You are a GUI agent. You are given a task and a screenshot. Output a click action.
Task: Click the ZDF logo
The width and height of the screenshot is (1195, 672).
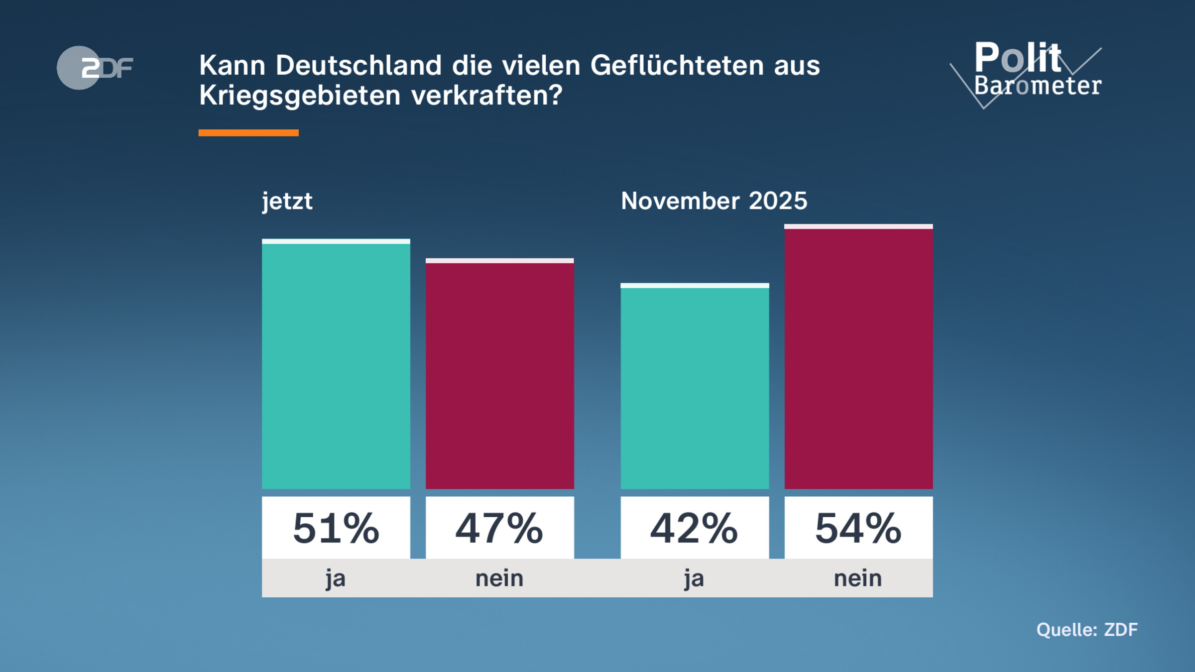pyautogui.click(x=95, y=68)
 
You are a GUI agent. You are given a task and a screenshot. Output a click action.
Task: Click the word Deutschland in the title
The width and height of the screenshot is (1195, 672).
pyautogui.click(x=358, y=65)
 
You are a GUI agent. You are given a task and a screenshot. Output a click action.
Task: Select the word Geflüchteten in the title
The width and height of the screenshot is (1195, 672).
pyautogui.click(x=677, y=65)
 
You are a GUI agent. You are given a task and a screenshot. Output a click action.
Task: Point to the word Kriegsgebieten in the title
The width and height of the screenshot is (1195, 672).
pyautogui.click(x=300, y=96)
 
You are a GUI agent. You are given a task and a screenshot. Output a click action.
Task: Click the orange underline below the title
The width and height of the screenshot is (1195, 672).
pyautogui.click(x=248, y=133)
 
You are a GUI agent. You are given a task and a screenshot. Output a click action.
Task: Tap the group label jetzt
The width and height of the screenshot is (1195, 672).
pyautogui.click(x=287, y=201)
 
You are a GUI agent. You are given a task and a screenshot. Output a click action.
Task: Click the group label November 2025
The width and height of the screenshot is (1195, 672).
pyautogui.click(x=714, y=201)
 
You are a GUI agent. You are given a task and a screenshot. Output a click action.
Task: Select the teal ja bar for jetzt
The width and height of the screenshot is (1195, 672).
pyautogui.click(x=336, y=366)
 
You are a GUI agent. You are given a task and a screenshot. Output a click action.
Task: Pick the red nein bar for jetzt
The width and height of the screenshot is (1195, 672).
pyautogui.click(x=499, y=376)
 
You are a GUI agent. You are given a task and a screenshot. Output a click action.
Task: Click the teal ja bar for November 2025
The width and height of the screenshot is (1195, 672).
pyautogui.click(x=695, y=388)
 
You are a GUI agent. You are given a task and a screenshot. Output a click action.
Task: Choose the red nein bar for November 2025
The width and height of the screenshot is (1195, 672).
pyautogui.click(x=858, y=358)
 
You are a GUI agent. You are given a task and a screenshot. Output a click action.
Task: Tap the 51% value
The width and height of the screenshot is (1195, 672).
pyautogui.click(x=336, y=528)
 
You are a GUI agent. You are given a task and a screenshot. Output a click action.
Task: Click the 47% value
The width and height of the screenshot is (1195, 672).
pyautogui.click(x=499, y=528)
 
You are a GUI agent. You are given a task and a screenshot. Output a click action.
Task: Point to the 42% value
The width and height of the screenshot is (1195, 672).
pyautogui.click(x=695, y=528)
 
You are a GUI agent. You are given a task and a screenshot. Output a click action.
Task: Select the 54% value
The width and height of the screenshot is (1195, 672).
pyautogui.click(x=858, y=528)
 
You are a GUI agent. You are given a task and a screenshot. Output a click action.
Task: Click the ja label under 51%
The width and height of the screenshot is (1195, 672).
pyautogui.click(x=336, y=579)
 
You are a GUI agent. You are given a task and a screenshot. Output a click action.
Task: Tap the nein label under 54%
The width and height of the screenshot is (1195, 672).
pyautogui.click(x=858, y=579)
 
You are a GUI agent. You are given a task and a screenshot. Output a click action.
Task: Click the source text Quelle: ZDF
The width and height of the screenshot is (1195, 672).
pyautogui.click(x=1087, y=630)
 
